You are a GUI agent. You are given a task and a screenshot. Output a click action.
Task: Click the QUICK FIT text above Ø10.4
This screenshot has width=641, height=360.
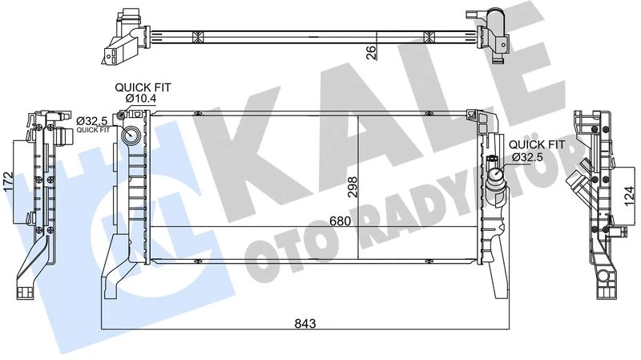tap(143, 87)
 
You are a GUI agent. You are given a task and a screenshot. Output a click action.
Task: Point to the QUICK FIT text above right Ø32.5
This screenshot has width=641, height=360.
tap(536, 144)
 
